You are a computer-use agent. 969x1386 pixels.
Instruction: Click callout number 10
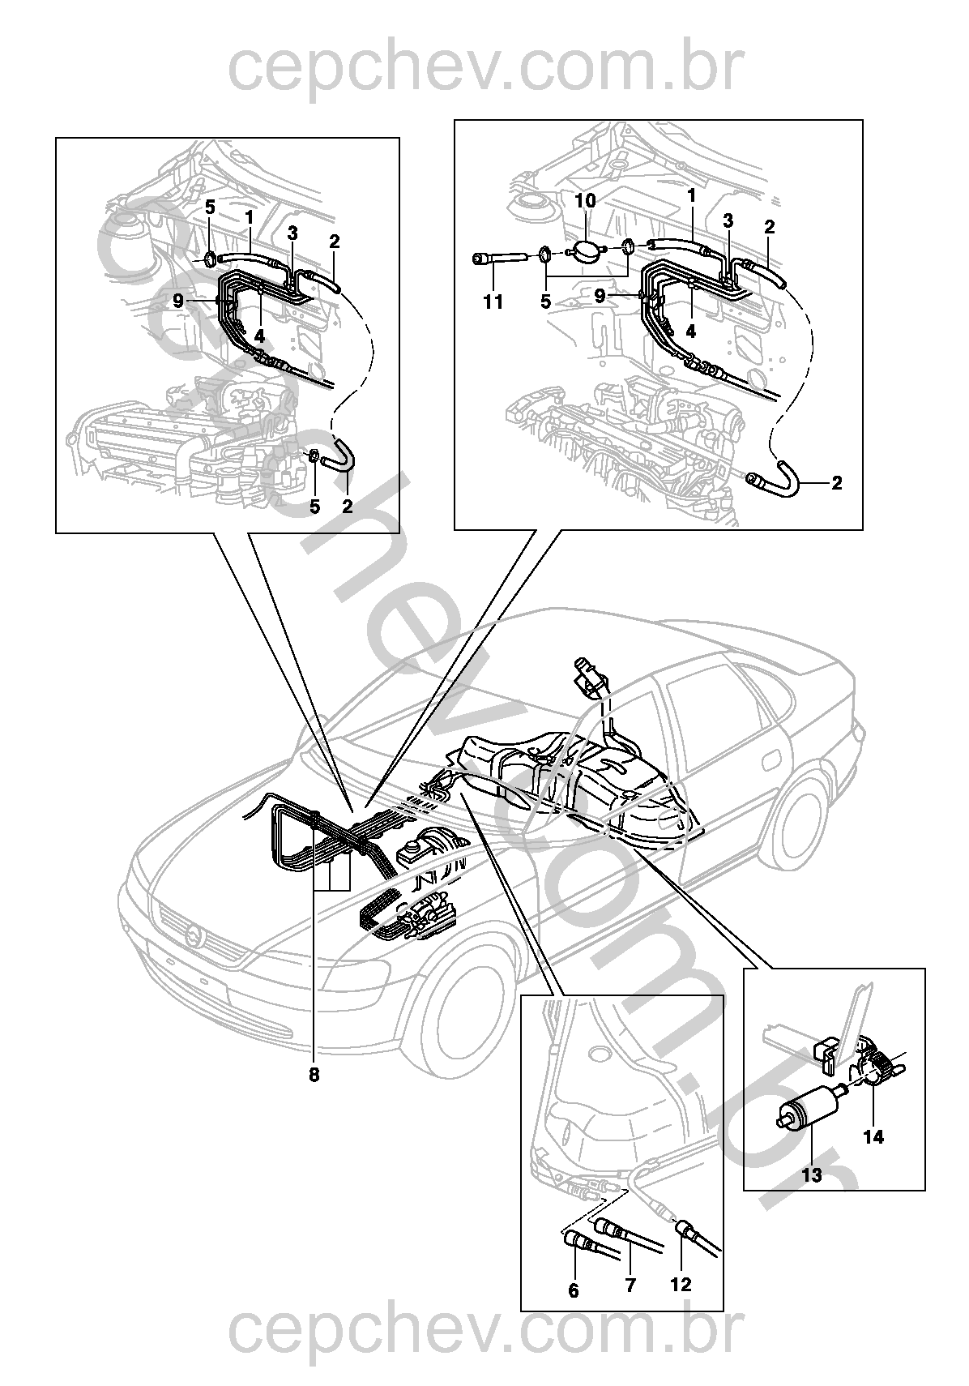(x=586, y=200)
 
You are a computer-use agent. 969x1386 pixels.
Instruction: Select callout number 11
(x=493, y=302)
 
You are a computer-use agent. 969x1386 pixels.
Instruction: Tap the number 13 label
(x=812, y=1174)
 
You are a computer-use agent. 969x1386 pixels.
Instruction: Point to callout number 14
(x=873, y=1136)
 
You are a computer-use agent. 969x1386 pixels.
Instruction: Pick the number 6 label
(x=574, y=1290)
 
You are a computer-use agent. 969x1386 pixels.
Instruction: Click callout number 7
(x=630, y=1285)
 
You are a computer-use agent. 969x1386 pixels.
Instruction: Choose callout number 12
(x=681, y=1285)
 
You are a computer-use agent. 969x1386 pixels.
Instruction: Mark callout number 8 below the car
(x=314, y=1076)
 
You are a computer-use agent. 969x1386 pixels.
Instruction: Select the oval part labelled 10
(x=585, y=252)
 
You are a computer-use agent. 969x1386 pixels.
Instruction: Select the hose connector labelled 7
(x=607, y=1222)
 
